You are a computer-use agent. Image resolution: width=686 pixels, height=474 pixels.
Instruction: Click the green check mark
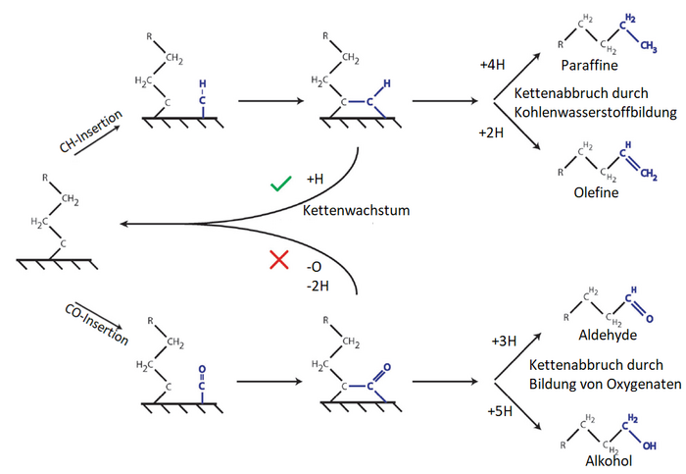coord(280,183)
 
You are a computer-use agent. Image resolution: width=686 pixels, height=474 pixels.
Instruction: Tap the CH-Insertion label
coord(91,132)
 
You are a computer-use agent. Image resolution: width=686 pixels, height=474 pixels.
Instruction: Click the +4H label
coord(493,65)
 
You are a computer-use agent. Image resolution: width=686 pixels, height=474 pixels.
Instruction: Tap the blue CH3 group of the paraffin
coord(648,45)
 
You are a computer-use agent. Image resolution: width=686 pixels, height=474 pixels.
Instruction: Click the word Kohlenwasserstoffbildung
coord(596,113)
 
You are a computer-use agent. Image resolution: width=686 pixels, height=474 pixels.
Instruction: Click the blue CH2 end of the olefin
coord(648,174)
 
